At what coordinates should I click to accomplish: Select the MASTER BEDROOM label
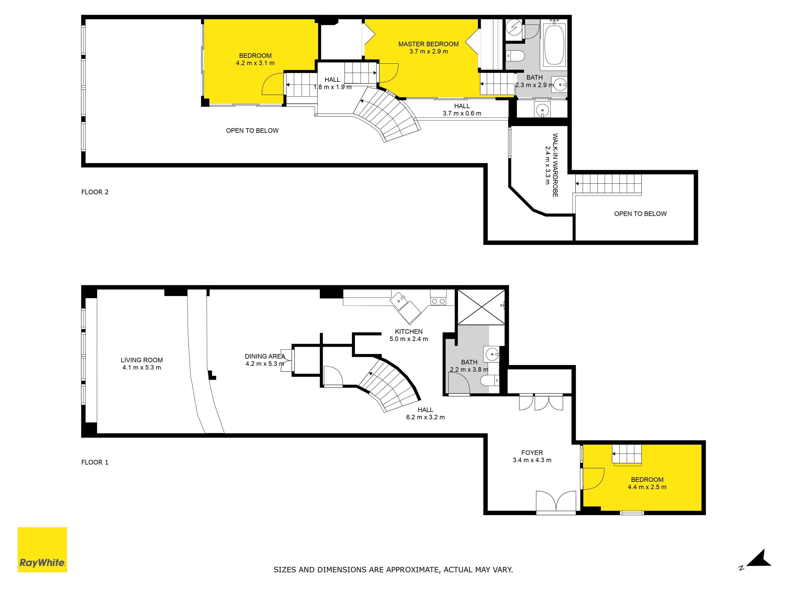point(428,44)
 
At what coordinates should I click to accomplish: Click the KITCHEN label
point(409,331)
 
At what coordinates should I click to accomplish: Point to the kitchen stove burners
point(438,301)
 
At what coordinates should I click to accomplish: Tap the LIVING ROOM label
point(142,360)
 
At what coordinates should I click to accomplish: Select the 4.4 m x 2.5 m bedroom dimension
point(647,487)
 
